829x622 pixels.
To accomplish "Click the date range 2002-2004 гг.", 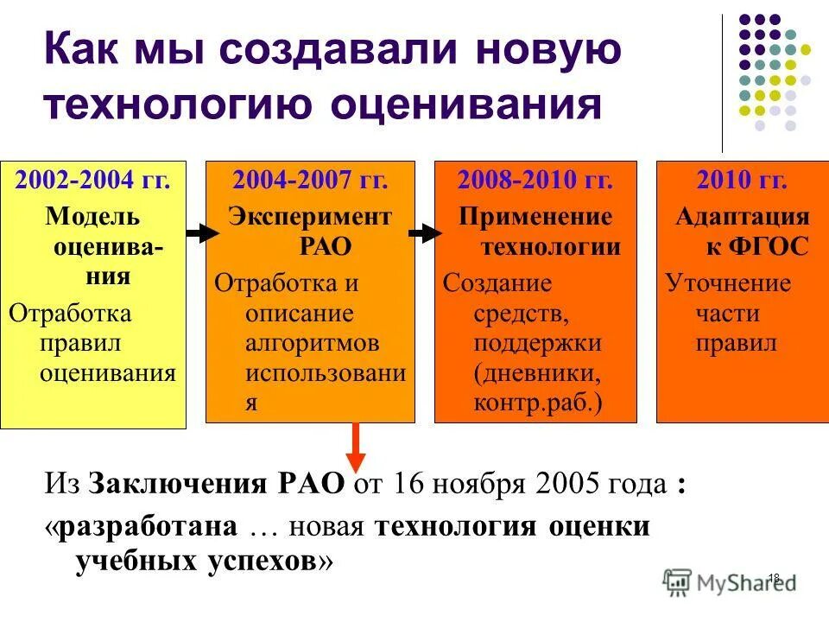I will [93, 181].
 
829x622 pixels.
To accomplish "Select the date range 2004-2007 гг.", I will [310, 181].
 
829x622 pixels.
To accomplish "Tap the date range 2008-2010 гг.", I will [535, 181].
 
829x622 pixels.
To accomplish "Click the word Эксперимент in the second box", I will [310, 215].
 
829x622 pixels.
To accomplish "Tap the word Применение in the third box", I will [535, 215].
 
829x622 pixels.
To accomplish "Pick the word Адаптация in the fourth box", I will [742, 215].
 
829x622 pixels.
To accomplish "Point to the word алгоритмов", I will [313, 343].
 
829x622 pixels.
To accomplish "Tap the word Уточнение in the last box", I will [728, 283].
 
